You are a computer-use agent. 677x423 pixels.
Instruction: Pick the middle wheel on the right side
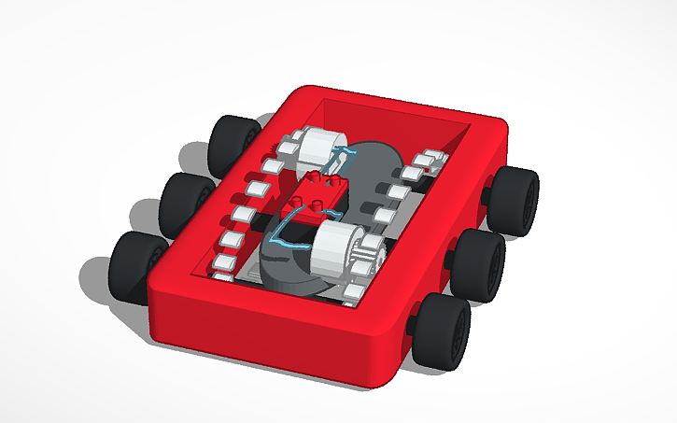pos(480,262)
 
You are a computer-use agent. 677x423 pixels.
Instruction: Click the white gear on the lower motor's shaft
pos(367,254)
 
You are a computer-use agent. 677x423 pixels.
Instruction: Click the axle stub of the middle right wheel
pos(452,254)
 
